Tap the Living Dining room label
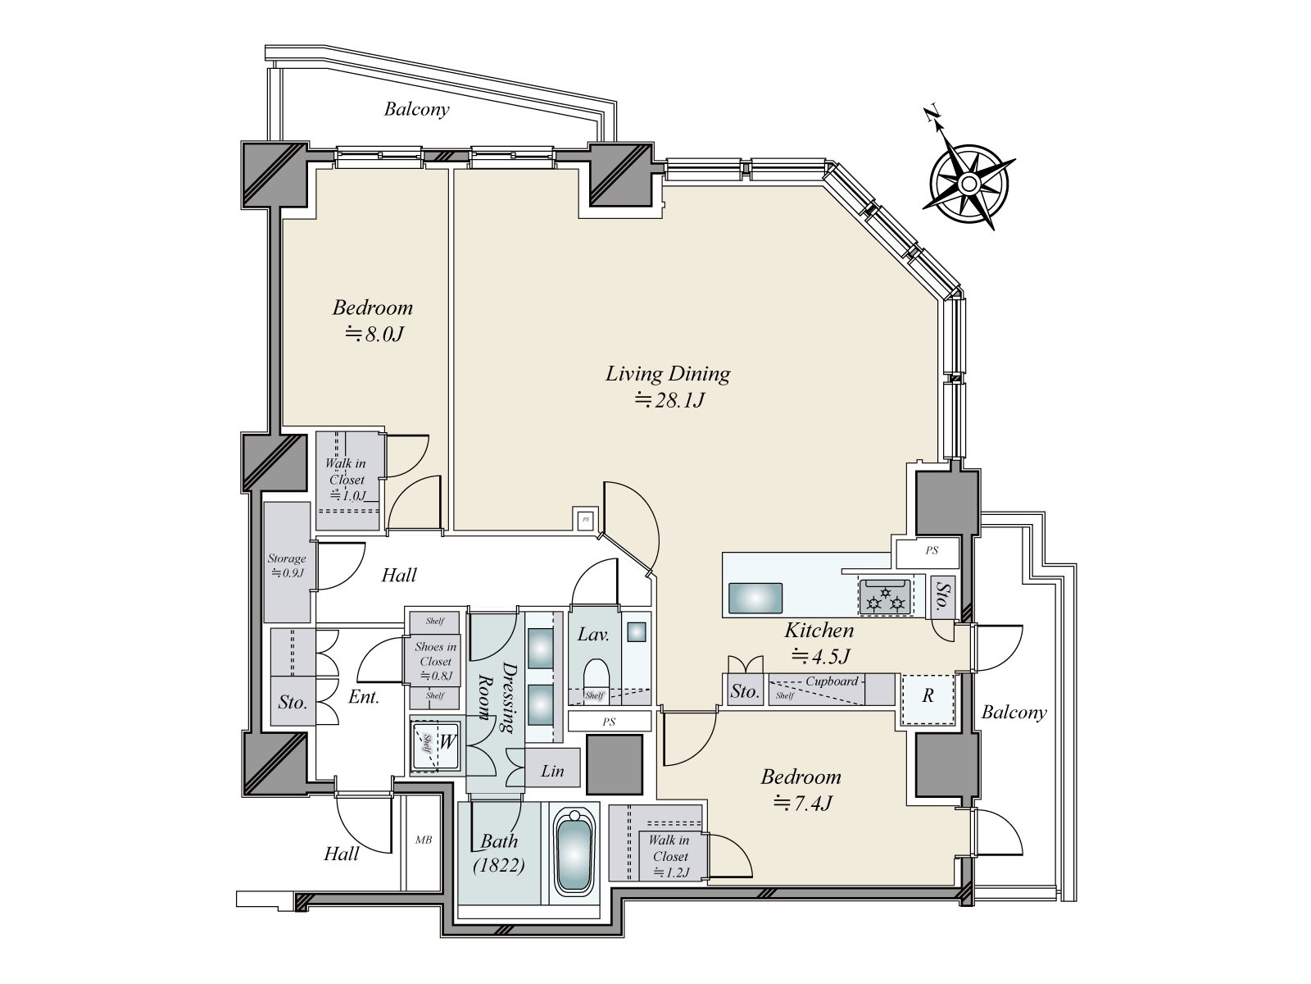[668, 374]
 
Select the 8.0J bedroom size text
[374, 335]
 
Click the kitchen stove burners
[883, 596]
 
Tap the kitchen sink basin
[755, 596]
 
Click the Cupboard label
[832, 681]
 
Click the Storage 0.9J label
[287, 565]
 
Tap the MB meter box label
[424, 840]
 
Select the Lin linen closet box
[553, 771]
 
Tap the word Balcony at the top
[417, 109]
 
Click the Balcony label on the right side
[1014, 713]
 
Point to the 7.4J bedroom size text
[803, 804]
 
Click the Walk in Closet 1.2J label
[669, 856]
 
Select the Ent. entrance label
[364, 698]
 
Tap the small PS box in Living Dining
[585, 519]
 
